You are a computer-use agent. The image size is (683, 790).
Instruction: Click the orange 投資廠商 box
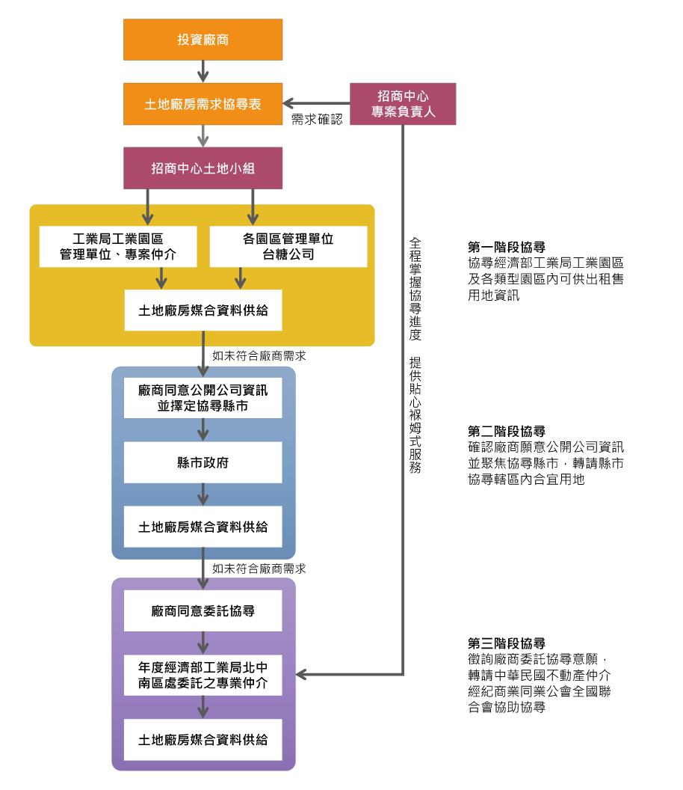coord(203,40)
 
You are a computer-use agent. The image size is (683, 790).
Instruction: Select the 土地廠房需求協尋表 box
coord(203,104)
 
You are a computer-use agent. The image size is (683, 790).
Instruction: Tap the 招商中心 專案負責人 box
coord(403,104)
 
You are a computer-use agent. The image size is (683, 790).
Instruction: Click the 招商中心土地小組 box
coord(203,168)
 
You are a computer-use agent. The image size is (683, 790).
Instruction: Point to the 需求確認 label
coord(317,120)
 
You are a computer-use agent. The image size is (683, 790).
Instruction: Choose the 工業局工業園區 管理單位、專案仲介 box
coord(118,247)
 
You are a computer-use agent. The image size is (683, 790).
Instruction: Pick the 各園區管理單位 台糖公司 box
coord(288,247)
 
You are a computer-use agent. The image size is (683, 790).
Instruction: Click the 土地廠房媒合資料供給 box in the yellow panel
coord(203,310)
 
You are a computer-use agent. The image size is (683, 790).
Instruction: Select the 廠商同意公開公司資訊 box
coord(203,398)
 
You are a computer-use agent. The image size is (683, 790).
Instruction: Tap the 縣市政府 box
coord(203,462)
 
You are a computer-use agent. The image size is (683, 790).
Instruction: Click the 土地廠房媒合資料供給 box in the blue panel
coord(203,527)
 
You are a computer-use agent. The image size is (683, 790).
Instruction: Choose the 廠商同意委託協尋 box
coord(203,610)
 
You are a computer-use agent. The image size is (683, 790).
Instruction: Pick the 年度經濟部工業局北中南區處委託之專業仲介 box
coord(203,675)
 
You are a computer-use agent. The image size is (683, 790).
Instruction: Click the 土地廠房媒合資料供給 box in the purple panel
coord(203,739)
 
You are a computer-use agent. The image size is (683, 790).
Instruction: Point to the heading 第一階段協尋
coord(506,247)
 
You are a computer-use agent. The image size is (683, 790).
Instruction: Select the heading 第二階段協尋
coord(506,432)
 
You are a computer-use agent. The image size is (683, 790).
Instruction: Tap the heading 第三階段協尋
coord(506,643)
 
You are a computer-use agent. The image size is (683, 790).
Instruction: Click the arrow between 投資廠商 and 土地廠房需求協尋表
coord(203,72)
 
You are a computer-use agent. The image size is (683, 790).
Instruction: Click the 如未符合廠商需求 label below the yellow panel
coord(259,356)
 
